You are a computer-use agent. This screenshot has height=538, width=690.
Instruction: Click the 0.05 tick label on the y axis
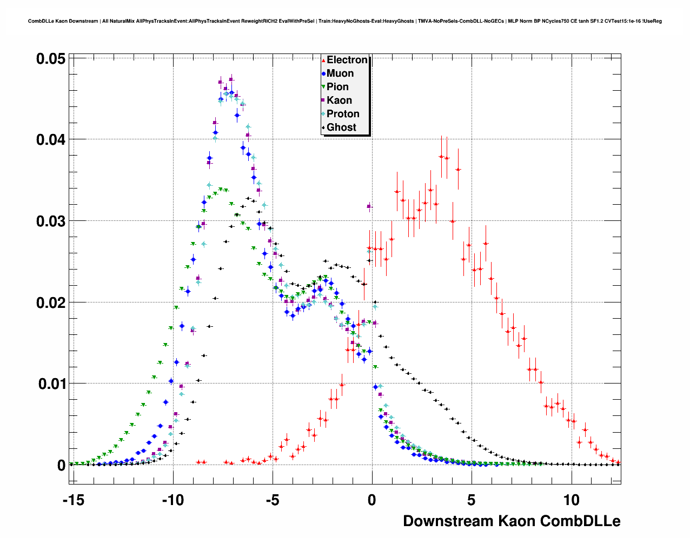pos(51,59)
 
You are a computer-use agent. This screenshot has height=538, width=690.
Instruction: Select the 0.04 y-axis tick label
pos(51,140)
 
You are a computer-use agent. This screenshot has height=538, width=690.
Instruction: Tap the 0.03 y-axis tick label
pos(51,221)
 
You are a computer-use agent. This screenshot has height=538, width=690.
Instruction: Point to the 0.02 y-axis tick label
pos(51,303)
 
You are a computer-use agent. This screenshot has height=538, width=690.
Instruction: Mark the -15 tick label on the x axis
pos(73,500)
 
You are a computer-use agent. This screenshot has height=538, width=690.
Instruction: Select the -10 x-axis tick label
pos(173,500)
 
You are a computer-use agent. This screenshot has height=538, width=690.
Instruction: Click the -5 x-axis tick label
pos(273,500)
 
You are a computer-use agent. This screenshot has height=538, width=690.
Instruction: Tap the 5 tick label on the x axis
pos(472,500)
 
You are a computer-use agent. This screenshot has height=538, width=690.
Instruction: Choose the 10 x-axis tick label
pos(571,500)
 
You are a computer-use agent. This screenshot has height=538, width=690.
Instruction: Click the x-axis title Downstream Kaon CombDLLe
pos(512,521)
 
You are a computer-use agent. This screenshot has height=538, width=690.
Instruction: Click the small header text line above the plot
pos(344,21)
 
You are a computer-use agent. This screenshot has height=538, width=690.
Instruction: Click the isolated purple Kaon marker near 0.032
pos(369,206)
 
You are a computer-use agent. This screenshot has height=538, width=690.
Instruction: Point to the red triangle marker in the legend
pos(323,60)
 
